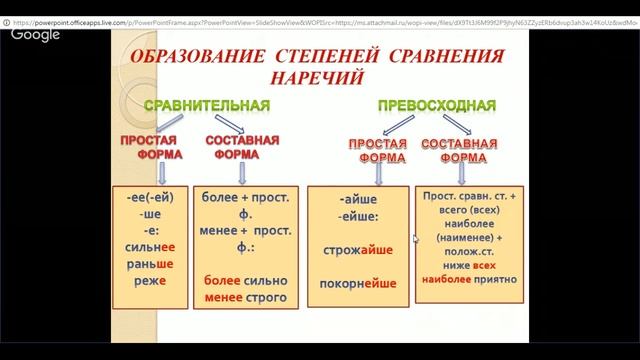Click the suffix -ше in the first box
[x=151, y=213]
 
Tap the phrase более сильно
[x=245, y=280]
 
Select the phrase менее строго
[x=245, y=297]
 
